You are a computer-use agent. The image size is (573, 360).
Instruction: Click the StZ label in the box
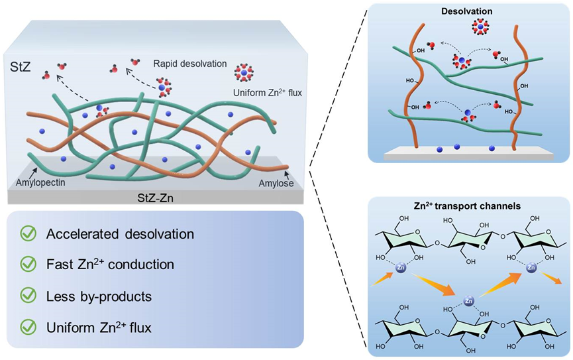click(x=21, y=68)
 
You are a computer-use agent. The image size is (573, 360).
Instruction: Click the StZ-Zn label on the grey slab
click(x=155, y=198)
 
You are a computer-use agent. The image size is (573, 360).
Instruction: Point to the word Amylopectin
click(x=40, y=182)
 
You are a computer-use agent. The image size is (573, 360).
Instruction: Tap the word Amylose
click(x=276, y=183)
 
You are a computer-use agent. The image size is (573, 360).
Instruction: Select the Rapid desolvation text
click(x=190, y=64)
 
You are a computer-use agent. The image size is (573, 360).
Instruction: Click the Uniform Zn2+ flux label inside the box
click(x=268, y=93)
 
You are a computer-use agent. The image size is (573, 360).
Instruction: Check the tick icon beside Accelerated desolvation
click(x=28, y=233)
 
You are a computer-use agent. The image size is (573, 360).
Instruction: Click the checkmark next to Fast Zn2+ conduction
click(x=28, y=264)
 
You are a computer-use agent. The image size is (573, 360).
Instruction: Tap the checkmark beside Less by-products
click(x=28, y=295)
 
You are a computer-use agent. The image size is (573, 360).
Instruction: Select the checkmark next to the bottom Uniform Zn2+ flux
click(x=28, y=327)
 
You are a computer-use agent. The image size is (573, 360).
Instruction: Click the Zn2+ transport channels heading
click(x=468, y=206)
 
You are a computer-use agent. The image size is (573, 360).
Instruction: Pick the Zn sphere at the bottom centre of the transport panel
click(x=468, y=301)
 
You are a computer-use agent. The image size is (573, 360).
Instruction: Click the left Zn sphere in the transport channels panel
click(x=401, y=268)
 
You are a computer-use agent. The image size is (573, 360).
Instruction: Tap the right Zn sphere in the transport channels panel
click(x=531, y=268)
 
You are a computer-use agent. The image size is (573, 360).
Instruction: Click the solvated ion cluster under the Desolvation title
click(x=480, y=27)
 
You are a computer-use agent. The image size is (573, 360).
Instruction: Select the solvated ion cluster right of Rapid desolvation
click(x=244, y=72)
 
